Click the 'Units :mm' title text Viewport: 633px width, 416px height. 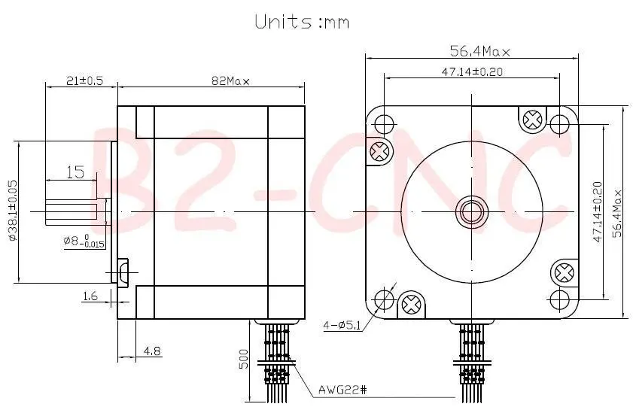[x=302, y=21]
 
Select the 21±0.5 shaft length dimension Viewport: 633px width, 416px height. [x=85, y=80]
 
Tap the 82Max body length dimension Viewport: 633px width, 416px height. [x=230, y=81]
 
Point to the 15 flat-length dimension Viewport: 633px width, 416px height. [x=75, y=172]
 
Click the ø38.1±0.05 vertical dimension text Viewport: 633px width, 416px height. [x=13, y=210]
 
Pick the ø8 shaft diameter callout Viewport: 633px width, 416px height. [x=84, y=241]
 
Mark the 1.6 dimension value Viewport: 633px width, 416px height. [x=90, y=296]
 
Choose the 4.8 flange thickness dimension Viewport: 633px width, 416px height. [x=153, y=351]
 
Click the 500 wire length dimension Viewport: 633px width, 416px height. [x=244, y=359]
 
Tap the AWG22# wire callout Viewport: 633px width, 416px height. [x=342, y=390]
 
